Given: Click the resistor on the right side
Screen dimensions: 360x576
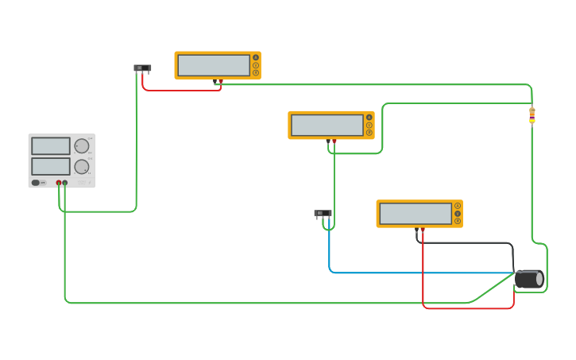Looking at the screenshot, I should [x=532, y=116].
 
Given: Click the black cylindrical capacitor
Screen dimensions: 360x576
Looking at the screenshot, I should [x=528, y=279].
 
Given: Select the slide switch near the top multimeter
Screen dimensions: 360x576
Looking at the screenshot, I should [x=142, y=68].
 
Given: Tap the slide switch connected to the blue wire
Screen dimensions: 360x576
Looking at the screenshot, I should [x=323, y=213].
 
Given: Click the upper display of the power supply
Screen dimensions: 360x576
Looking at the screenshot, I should [x=51, y=146].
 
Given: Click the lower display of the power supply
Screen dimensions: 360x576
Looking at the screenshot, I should [x=51, y=166].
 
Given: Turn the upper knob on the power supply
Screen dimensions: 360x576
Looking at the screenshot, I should [x=81, y=146].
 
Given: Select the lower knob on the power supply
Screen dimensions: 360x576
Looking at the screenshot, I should [x=81, y=167].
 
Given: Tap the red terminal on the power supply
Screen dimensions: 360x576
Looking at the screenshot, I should [x=59, y=183].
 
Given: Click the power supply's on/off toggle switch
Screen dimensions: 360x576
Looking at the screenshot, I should [x=37, y=183].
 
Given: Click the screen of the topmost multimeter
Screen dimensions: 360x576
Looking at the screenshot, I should [x=214, y=65].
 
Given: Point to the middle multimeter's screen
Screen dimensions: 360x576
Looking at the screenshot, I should [x=327, y=125].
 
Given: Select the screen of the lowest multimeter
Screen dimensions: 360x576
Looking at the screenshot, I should [x=416, y=214].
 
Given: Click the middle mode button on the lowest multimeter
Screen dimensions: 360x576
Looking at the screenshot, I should [x=458, y=214].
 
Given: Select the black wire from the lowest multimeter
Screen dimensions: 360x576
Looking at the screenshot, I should [x=469, y=243].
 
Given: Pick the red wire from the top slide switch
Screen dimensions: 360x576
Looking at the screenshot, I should [x=183, y=90].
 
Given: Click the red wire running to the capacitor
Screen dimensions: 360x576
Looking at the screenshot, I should [x=469, y=308].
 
